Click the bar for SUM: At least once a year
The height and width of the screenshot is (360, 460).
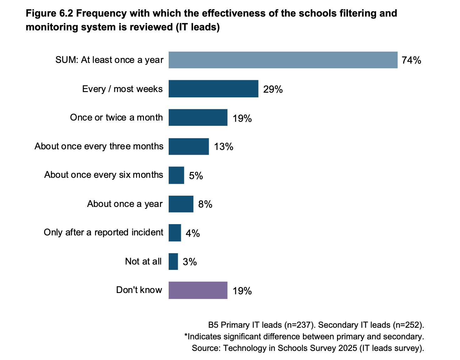pos(283,60)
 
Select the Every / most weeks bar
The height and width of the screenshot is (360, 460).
pos(213,89)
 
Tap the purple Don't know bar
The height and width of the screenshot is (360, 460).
pos(198,291)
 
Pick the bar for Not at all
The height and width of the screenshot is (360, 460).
pos(173,262)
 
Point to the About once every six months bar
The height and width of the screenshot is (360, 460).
pos(176,175)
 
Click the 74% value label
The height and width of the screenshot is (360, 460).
pos(411,60)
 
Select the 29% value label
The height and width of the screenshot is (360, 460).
pos(273,90)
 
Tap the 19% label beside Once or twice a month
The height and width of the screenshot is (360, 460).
pos(242,118)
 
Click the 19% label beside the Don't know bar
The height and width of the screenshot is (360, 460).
pos(242,291)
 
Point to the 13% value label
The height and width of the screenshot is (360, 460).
pos(223,147)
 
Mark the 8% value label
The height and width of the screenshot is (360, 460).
pos(205,204)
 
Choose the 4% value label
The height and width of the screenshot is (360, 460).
pos(192,233)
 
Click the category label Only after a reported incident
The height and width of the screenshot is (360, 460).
pos(103,233)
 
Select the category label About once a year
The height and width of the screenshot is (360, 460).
pos(125,204)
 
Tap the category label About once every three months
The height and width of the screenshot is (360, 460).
pos(99,147)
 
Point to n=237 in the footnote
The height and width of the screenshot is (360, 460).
pos(298,325)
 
